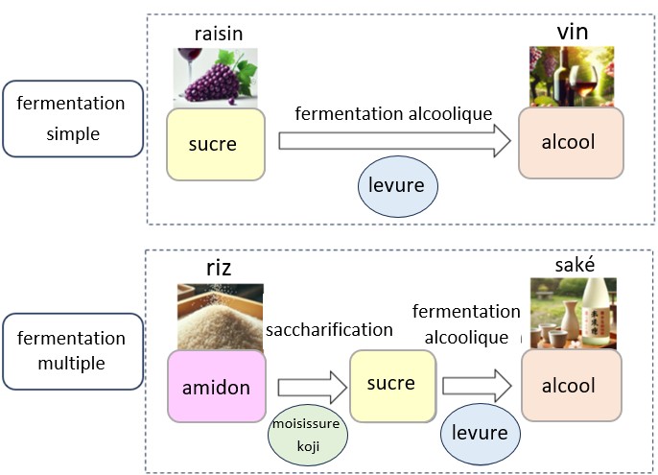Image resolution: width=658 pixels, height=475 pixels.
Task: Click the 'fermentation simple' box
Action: point(72,118)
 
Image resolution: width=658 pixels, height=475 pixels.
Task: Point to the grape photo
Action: point(215,75)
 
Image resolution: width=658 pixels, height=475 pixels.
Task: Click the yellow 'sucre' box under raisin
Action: point(215,144)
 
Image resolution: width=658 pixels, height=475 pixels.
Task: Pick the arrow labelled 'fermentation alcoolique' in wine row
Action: point(393,143)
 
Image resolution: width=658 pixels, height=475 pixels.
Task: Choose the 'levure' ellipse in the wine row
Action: point(396,185)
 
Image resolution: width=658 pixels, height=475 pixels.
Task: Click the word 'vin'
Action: point(572,33)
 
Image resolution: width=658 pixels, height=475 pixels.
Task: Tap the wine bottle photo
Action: point(571,76)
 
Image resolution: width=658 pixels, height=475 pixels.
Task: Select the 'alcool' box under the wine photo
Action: point(571,143)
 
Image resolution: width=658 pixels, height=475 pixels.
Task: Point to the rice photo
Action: point(220,317)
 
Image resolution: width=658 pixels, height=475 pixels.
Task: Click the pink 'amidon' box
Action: point(216,386)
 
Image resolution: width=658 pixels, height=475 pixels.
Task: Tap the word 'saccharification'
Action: point(330,329)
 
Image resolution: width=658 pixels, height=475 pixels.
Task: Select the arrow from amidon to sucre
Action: point(308,388)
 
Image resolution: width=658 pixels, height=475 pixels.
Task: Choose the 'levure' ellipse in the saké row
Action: point(481,433)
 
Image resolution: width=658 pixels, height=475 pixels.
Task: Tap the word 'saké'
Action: point(573,265)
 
